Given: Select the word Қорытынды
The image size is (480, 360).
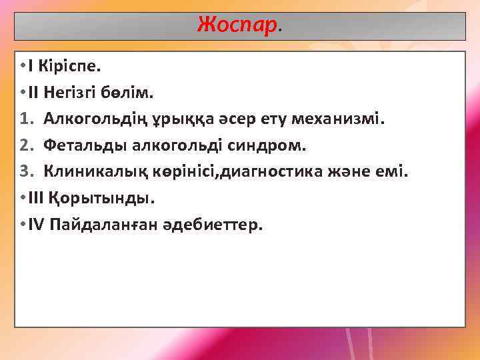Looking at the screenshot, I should (111, 199).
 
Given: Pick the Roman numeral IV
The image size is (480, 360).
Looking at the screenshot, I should (36, 225).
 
